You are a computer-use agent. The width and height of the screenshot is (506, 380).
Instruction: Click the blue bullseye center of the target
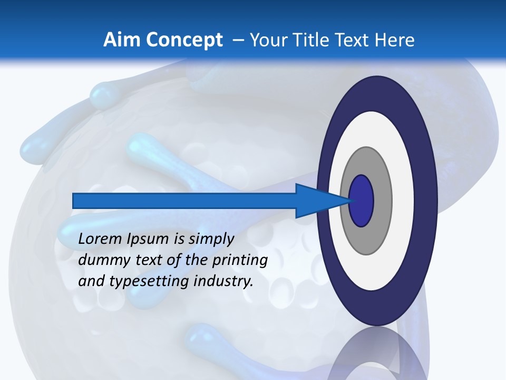click(x=362, y=201)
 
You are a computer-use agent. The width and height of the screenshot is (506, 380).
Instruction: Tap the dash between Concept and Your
click(x=238, y=40)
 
